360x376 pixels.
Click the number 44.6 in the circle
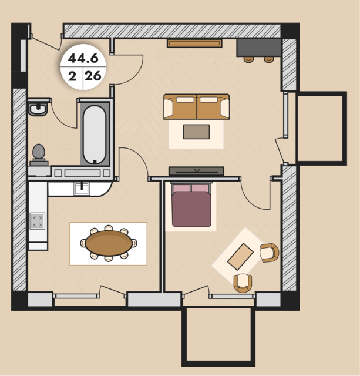(x=83, y=58)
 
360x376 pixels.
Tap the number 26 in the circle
(x=93, y=76)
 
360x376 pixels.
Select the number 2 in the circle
(x=72, y=76)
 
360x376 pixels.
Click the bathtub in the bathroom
(x=95, y=135)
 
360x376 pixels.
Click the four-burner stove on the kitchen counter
(x=38, y=221)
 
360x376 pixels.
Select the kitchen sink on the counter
(x=82, y=189)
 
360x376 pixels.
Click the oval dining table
(x=109, y=243)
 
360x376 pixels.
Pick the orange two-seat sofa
(x=197, y=107)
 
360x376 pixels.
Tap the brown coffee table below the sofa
(x=196, y=132)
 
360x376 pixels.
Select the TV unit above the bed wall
(x=196, y=171)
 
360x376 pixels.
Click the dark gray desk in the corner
(x=258, y=48)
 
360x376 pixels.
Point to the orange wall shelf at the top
(x=194, y=43)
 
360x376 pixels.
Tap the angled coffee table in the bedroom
(x=240, y=257)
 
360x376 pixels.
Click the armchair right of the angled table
(x=270, y=253)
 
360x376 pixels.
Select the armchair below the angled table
(x=243, y=283)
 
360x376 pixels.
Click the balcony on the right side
(x=321, y=128)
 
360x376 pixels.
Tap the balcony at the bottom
(x=218, y=336)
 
